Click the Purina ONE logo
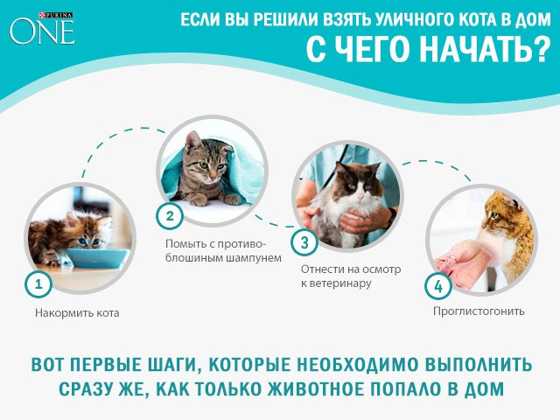pos(42,26)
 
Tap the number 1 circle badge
pos(37,283)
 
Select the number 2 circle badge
pos(169,215)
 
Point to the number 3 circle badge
pos(304,241)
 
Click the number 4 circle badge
pos(437,285)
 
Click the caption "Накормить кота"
pos(77,312)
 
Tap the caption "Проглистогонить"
pos(478,311)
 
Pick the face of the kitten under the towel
pos(204,166)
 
